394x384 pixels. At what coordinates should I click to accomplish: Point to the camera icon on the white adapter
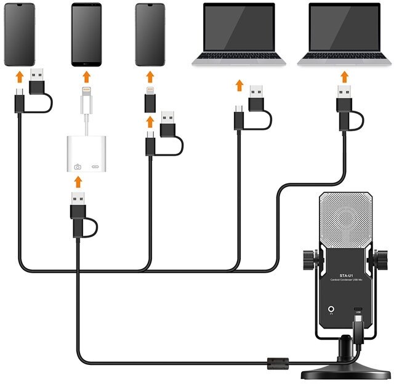[x=78, y=167]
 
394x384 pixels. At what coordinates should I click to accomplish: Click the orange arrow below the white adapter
[x=78, y=182]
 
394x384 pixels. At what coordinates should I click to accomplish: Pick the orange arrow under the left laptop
[x=239, y=84]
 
